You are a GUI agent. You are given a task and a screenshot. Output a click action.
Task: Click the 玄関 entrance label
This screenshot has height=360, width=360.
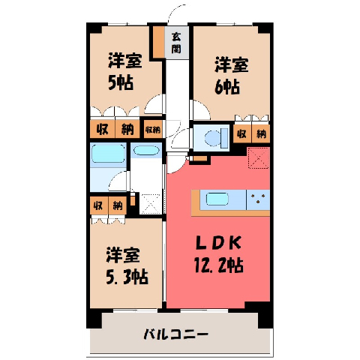click(176, 43)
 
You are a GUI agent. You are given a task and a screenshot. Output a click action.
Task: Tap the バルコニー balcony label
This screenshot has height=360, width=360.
click(175, 334)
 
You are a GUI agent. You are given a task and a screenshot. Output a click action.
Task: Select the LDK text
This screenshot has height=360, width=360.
click(218, 242)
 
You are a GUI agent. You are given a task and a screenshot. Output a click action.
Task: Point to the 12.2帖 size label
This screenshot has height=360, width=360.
click(218, 265)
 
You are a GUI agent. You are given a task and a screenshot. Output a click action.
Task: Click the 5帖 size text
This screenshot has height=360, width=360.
click(121, 82)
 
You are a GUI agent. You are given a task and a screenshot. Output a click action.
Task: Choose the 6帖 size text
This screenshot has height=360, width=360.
click(227, 87)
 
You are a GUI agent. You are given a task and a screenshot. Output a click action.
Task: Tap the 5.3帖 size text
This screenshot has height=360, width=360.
click(127, 277)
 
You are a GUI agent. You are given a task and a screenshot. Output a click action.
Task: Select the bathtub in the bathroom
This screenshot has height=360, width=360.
click(108, 154)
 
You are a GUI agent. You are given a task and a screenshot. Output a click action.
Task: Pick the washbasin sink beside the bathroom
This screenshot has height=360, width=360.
click(146, 151)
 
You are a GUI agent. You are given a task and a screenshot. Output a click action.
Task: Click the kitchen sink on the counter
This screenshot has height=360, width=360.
click(217, 199)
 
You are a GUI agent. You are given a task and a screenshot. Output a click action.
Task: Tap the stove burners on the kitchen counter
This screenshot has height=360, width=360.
click(258, 199)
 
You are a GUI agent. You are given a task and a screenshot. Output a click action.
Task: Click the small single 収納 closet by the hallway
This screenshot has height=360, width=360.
click(153, 129)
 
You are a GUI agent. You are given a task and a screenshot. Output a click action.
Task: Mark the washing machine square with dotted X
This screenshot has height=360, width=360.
click(150, 204)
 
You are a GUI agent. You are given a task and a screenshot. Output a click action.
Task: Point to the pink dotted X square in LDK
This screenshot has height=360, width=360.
click(259, 157)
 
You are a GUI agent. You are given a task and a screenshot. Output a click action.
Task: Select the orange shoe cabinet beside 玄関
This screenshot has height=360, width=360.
click(158, 42)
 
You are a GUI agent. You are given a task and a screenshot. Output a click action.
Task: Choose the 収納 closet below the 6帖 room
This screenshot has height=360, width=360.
click(251, 134)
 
